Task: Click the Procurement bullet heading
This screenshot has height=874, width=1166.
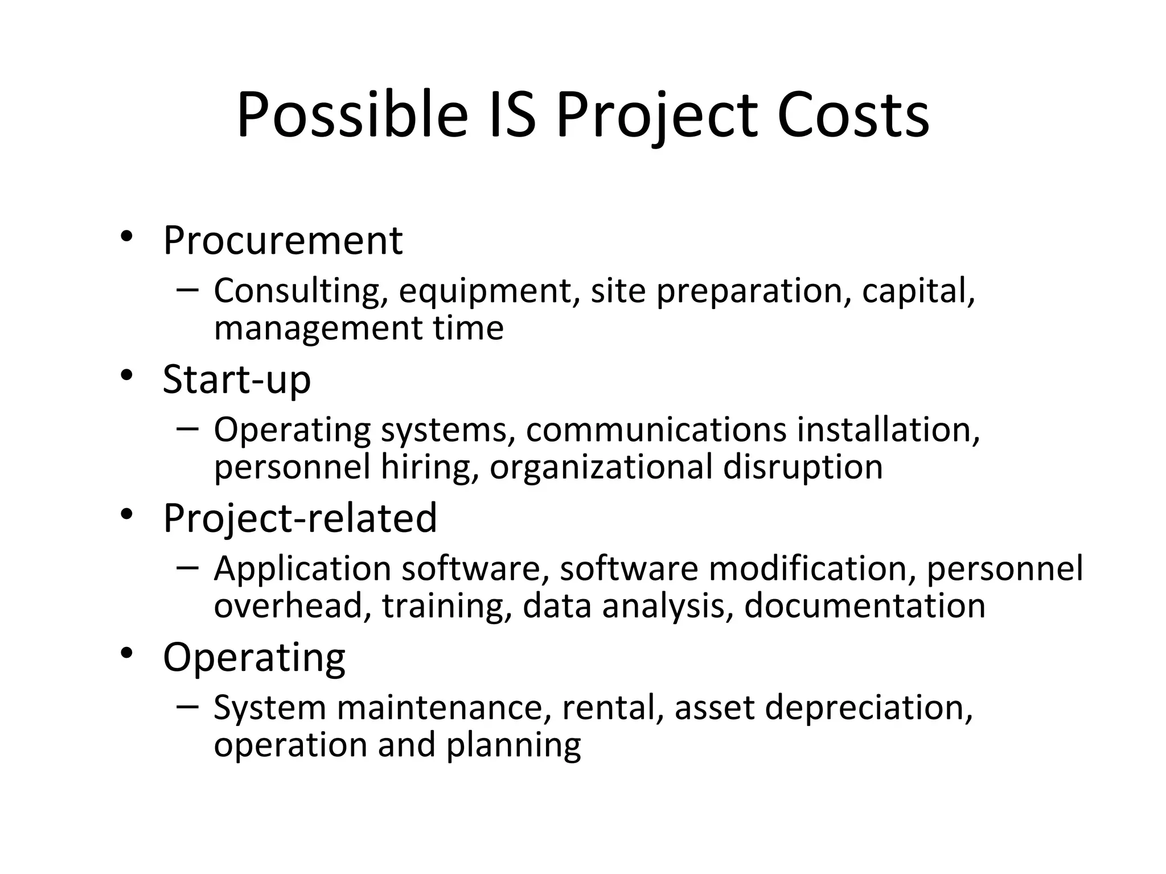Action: [283, 241]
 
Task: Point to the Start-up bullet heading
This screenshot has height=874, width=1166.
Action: [237, 380]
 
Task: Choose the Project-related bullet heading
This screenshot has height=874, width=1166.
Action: [300, 518]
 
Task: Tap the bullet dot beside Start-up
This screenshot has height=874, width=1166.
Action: [126, 376]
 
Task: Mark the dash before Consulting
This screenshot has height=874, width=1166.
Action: [187, 289]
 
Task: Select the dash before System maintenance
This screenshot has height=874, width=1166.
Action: [187, 706]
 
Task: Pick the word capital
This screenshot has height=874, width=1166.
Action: [918, 291]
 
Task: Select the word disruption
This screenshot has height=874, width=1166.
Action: [803, 468]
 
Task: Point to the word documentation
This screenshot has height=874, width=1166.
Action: [864, 606]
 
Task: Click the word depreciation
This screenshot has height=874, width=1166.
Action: [868, 709]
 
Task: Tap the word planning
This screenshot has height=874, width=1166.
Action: [514, 747]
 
